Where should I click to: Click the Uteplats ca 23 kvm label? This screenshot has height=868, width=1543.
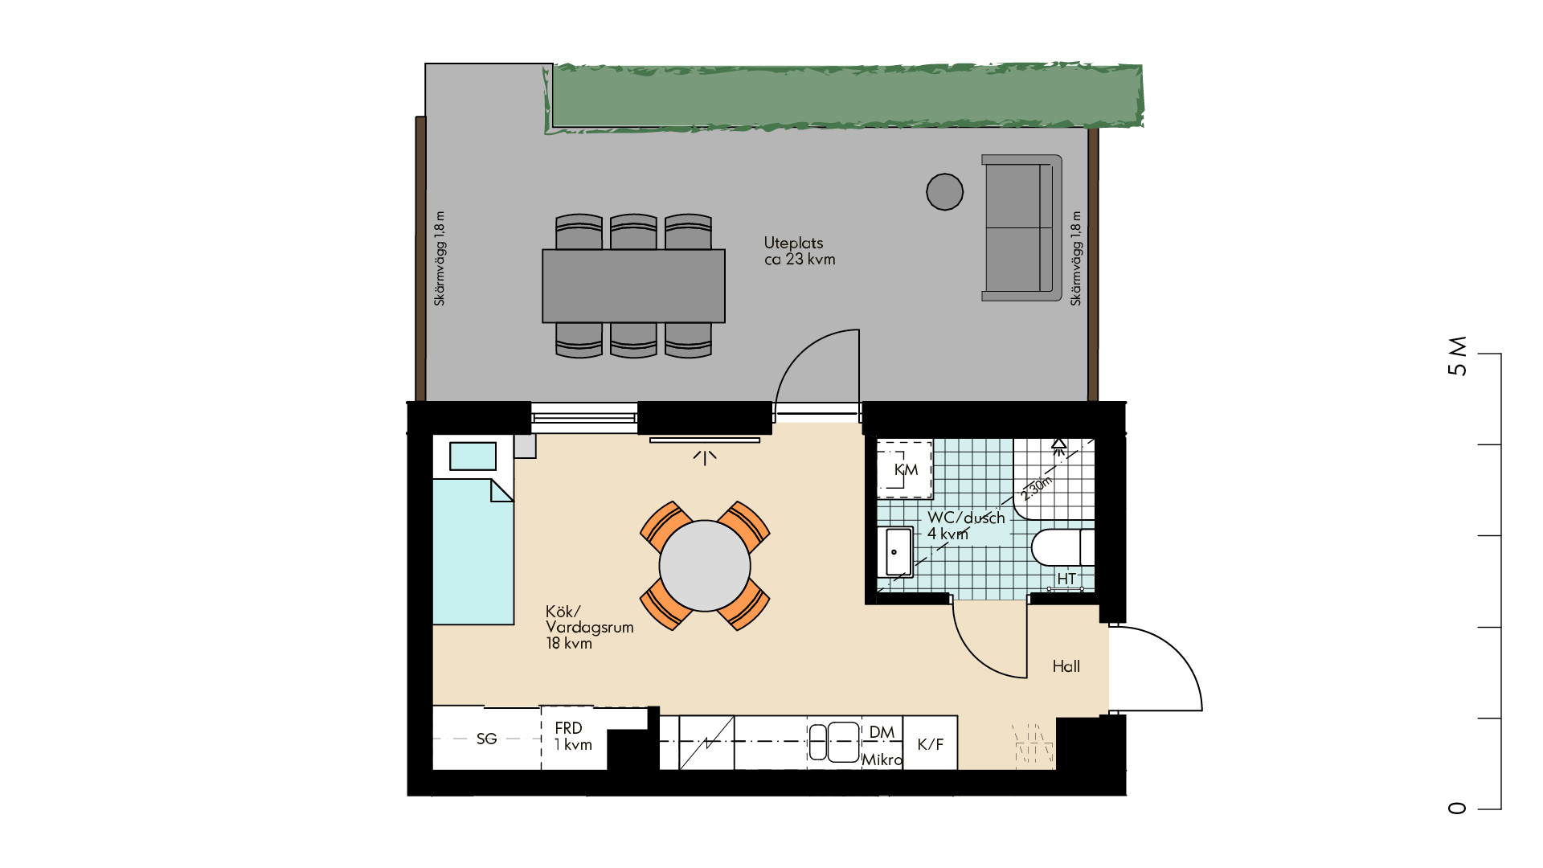click(800, 251)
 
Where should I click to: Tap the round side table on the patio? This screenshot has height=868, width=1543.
click(944, 192)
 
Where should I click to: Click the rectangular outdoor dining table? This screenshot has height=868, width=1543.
click(633, 285)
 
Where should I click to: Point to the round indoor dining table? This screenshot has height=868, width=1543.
click(705, 566)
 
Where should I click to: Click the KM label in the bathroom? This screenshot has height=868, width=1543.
click(906, 469)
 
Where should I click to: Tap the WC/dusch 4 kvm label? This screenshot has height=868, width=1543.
click(966, 526)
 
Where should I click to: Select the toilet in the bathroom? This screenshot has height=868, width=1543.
click(1062, 547)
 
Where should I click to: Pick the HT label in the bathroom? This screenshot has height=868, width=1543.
click(1066, 579)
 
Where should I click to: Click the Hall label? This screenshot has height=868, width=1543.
click(1066, 666)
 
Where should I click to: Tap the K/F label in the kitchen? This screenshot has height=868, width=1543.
click(931, 744)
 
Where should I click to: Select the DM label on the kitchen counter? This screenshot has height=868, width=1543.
click(882, 732)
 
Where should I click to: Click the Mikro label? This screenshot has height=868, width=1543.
click(882, 759)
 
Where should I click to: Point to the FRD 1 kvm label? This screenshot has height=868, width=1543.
click(573, 736)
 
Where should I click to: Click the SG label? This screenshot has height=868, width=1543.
click(486, 739)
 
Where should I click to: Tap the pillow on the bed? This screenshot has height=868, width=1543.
click(473, 456)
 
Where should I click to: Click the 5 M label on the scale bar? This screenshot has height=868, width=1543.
click(1457, 356)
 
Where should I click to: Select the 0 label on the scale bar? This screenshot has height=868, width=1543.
click(1457, 808)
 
